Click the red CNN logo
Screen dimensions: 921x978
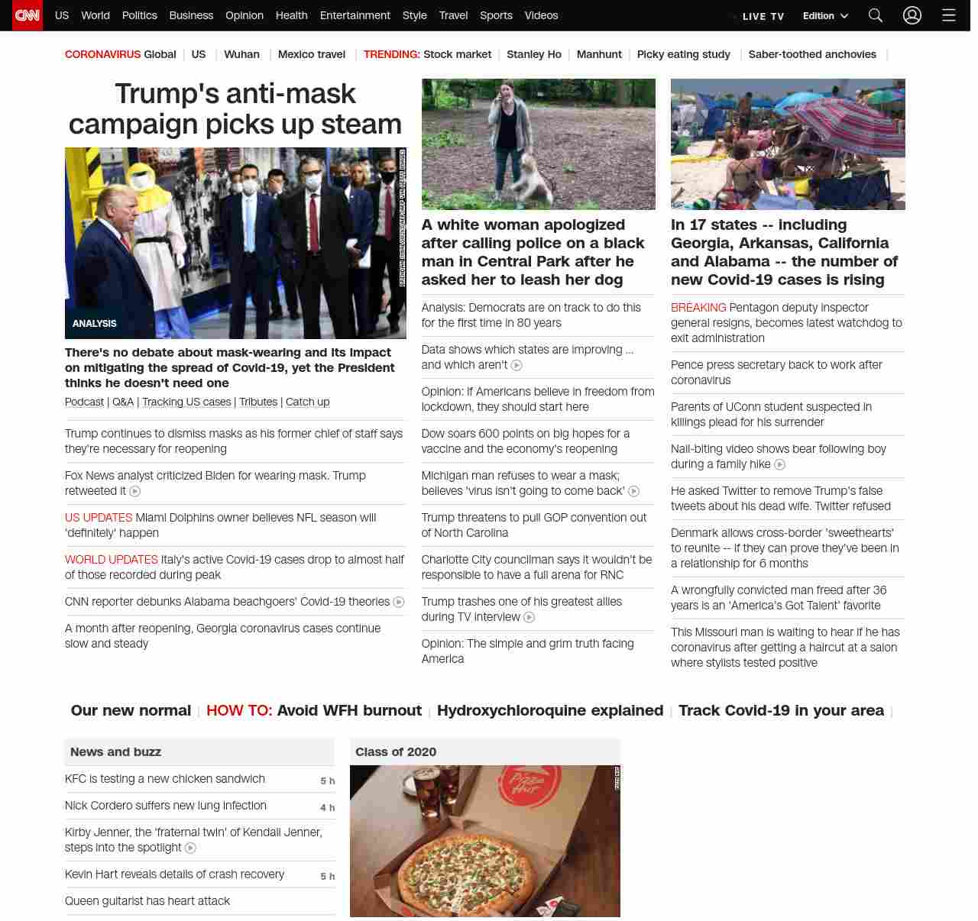pos(28,15)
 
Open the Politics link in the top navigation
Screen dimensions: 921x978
pos(139,15)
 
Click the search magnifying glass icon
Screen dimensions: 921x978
pos(875,15)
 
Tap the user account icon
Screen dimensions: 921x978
pos(912,15)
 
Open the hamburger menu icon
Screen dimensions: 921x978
pos(948,15)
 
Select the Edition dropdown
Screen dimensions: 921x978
pos(825,16)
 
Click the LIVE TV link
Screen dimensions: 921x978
pos(763,16)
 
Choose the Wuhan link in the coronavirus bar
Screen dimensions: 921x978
pos(241,54)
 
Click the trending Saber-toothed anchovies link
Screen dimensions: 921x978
pos(812,54)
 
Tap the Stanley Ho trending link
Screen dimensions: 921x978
pos(533,54)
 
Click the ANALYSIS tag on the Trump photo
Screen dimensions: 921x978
pos(95,324)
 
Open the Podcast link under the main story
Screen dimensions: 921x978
pos(84,402)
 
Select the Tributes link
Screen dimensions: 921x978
pos(258,402)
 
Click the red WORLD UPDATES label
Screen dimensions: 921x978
pos(112,560)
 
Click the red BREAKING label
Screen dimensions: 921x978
pos(698,308)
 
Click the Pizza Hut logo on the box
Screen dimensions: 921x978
pos(527,785)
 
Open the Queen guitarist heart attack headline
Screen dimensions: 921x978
pos(147,901)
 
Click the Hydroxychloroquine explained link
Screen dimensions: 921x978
pos(550,710)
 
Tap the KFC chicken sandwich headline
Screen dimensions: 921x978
pos(165,779)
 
